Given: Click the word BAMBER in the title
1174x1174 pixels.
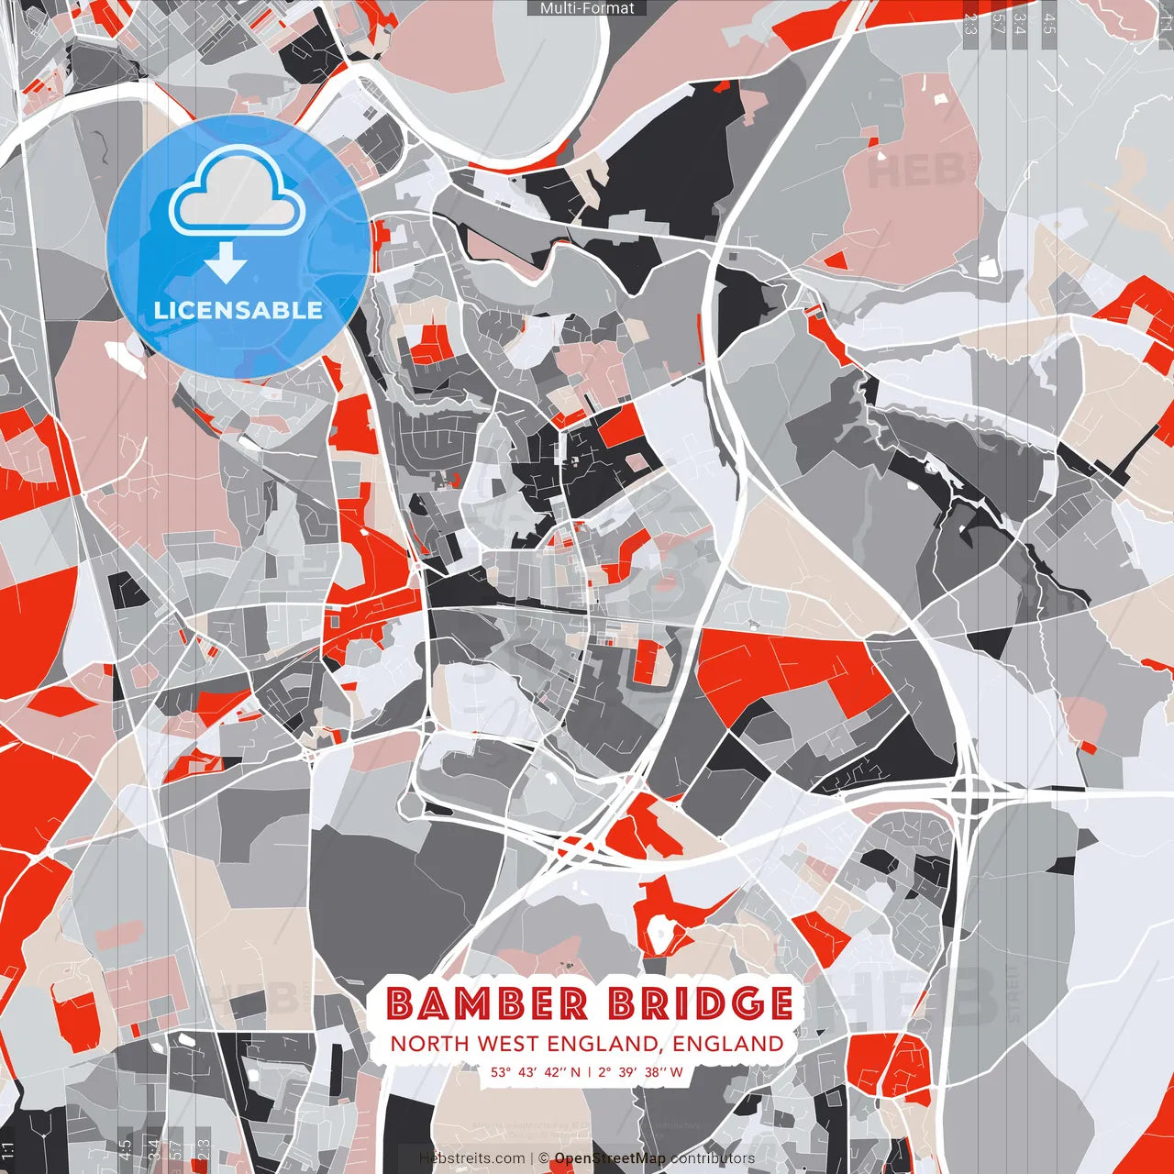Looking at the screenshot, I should click(x=486, y=1003).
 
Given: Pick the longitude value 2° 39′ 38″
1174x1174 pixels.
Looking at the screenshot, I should click(x=629, y=1071).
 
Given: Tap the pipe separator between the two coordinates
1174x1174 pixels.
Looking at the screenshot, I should click(x=589, y=1071).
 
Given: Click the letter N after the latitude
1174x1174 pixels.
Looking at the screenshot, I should click(x=575, y=1071).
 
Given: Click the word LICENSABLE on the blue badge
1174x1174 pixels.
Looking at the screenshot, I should click(x=238, y=310).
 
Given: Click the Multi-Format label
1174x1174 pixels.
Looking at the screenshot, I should click(x=587, y=8).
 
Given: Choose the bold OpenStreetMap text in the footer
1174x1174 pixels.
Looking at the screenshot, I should click(x=610, y=1158).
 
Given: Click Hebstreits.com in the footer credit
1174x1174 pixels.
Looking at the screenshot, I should click(x=472, y=1158).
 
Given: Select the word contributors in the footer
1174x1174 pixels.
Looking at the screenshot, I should click(x=713, y=1158).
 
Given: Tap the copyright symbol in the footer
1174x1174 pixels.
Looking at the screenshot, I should click(x=544, y=1158).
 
